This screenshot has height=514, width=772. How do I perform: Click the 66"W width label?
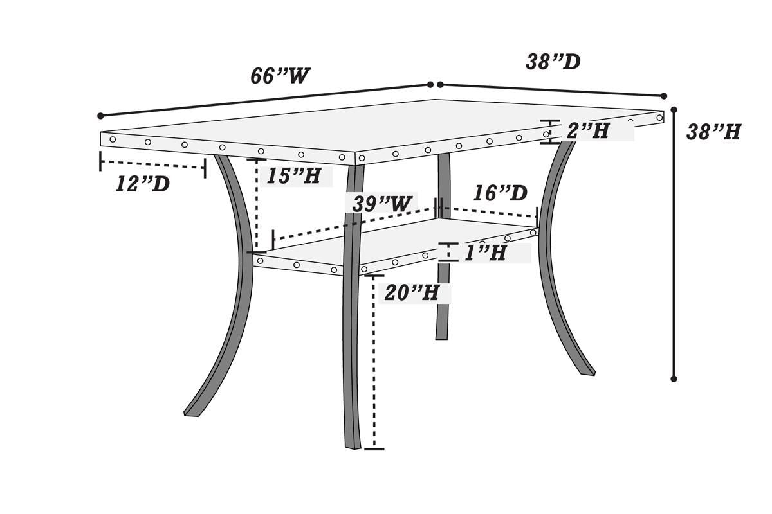(280, 76)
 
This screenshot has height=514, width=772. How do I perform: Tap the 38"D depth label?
(553, 62)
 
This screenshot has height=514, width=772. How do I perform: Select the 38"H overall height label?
(713, 132)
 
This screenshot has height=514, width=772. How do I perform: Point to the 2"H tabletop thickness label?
(588, 131)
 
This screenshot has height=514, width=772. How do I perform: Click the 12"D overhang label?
(143, 184)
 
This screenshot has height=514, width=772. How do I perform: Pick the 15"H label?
(293, 176)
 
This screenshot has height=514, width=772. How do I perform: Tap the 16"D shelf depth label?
(500, 193)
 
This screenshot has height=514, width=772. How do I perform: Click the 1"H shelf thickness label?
(485, 253)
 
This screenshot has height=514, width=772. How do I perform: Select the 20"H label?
(412, 293)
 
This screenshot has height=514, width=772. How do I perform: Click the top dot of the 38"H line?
(674, 110)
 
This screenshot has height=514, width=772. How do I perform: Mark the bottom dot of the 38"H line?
(674, 379)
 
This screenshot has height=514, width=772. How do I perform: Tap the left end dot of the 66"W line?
(100, 116)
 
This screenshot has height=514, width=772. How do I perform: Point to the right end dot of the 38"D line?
(664, 96)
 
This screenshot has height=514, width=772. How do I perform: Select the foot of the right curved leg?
(588, 373)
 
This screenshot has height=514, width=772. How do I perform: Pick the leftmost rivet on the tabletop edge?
(113, 139)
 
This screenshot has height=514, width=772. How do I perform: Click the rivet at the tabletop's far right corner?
(659, 118)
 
